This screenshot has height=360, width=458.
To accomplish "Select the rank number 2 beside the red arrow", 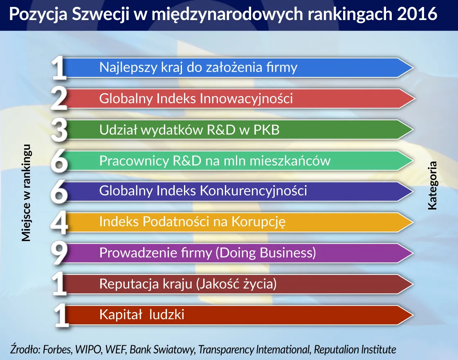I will tap(59, 99).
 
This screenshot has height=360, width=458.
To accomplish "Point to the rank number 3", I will tap(59, 130).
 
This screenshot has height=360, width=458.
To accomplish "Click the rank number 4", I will tap(59, 223).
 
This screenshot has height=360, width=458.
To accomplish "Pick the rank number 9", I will tap(59, 254).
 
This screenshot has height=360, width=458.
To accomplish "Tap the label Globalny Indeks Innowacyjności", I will tap(196, 99).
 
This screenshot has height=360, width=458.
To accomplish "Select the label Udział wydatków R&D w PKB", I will tap(189, 130).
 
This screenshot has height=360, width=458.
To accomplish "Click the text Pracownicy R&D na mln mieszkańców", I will tap(215, 161).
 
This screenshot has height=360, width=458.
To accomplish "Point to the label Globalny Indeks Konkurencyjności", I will tap(203, 191).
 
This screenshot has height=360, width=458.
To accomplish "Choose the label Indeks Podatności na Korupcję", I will tap(192, 222).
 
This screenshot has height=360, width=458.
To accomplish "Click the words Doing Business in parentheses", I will tap(265, 253).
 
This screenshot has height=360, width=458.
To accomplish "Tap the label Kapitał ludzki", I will tap(142, 315).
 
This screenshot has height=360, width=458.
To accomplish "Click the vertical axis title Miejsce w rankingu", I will tap(26, 193).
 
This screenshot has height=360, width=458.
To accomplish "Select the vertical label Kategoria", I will tap(432, 186).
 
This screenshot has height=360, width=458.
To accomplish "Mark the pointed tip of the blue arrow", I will tap(412, 68).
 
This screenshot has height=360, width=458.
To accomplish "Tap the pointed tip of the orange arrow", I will tap(412, 223).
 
